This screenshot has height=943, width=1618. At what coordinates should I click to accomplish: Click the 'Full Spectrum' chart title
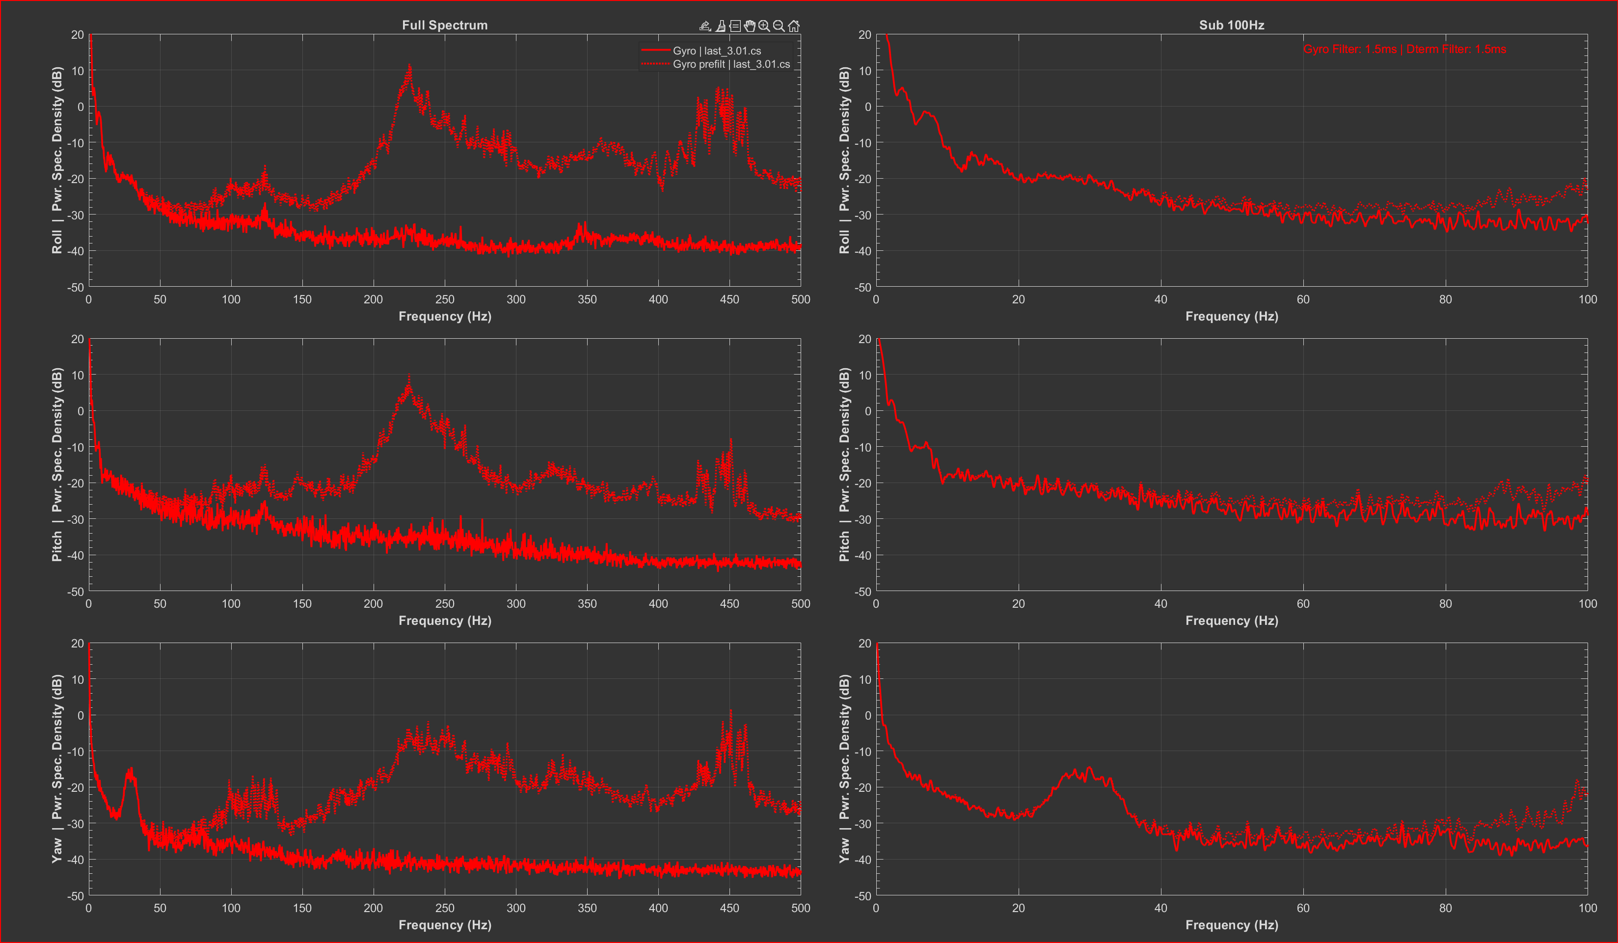click(444, 25)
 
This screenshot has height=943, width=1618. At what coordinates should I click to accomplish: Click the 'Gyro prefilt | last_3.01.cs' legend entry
click(730, 64)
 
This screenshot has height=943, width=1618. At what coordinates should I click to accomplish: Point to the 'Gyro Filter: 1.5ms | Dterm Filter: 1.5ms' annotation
click(1404, 50)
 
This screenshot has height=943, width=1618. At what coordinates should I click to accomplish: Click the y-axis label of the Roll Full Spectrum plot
click(57, 161)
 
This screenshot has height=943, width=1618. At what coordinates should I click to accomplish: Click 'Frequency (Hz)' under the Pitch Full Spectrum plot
click(444, 621)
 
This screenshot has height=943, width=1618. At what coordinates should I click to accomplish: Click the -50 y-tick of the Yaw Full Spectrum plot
click(76, 895)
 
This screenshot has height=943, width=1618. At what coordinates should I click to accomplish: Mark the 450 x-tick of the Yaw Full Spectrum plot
click(729, 908)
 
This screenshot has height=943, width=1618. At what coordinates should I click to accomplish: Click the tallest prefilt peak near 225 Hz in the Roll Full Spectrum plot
click(409, 65)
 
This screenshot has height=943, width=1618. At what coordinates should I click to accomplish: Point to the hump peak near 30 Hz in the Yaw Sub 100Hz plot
click(1090, 768)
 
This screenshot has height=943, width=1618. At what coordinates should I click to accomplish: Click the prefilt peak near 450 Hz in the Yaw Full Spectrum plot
click(730, 711)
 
